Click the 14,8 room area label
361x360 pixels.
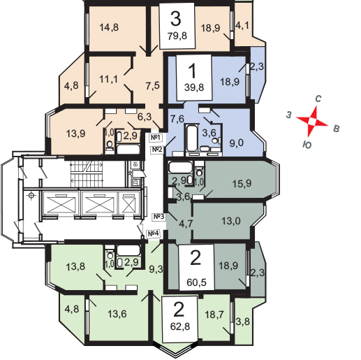tap(109, 27)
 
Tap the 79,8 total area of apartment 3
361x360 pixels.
tap(177, 36)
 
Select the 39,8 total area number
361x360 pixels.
tap(194, 87)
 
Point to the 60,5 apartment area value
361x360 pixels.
tap(196, 282)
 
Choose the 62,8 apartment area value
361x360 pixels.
tap(180, 326)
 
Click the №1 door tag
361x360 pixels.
tap(156, 138)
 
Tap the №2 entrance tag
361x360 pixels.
tap(157, 149)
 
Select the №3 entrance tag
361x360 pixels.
tap(159, 217)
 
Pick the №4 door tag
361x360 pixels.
tap(153, 233)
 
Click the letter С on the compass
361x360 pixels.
tap(318, 99)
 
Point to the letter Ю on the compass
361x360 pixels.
tap(307, 145)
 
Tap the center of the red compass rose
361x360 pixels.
tap(312, 121)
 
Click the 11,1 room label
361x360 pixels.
tap(108, 79)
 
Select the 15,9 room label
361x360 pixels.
tap(242, 183)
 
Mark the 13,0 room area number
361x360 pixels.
tap(231, 221)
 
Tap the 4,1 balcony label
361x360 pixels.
tap(242, 25)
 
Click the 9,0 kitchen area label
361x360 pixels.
tap(237, 143)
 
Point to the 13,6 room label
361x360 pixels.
tap(117, 314)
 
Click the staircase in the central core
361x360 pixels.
tap(87, 174)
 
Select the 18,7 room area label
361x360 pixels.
tap(214, 315)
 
